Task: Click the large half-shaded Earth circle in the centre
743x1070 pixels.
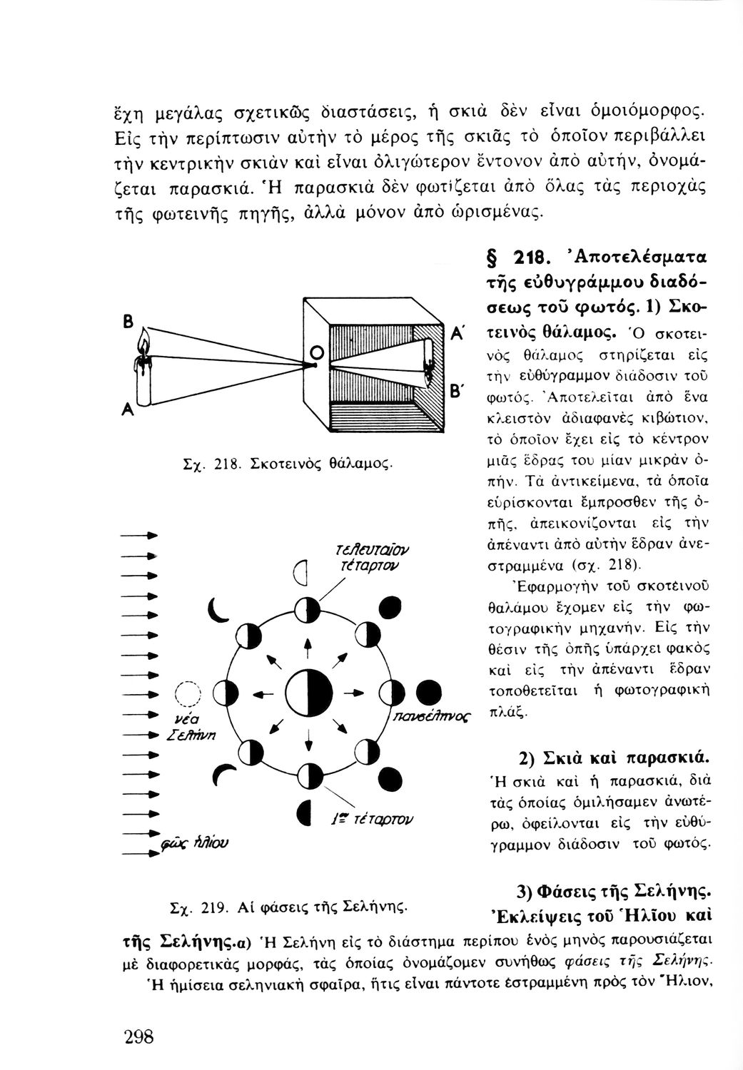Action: click(308, 691)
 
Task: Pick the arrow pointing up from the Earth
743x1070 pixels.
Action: click(308, 647)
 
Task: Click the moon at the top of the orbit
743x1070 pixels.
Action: click(308, 610)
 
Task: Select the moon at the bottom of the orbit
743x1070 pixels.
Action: click(308, 775)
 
